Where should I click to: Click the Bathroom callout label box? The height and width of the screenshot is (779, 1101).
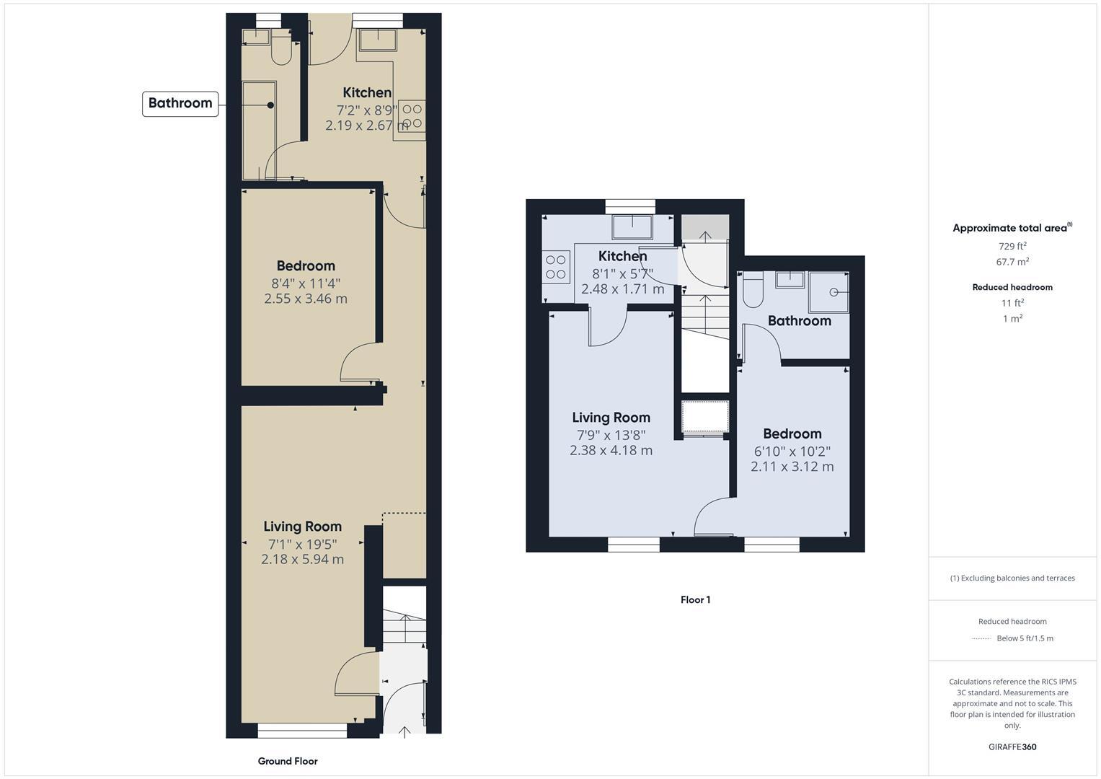pyautogui.click(x=180, y=103)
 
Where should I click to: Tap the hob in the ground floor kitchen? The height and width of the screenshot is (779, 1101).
pyautogui.click(x=412, y=117)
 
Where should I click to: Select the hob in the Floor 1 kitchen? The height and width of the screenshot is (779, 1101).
pyautogui.click(x=556, y=266)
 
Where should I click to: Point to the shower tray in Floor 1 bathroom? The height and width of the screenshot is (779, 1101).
pyautogui.click(x=828, y=292)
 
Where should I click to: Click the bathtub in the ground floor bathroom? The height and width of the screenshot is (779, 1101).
pyautogui.click(x=259, y=130)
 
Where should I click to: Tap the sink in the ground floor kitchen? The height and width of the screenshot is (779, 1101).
pyautogui.click(x=378, y=40)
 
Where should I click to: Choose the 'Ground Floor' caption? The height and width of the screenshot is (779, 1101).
pyautogui.click(x=288, y=761)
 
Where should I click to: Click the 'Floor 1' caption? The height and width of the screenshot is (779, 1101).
pyautogui.click(x=695, y=599)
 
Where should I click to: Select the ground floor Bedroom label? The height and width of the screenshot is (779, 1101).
pyautogui.click(x=306, y=266)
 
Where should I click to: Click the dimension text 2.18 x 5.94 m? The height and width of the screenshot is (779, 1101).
pyautogui.click(x=303, y=559)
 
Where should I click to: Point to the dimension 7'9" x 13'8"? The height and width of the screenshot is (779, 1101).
pyautogui.click(x=611, y=435)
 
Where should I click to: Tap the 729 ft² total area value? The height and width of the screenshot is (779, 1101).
pyautogui.click(x=1012, y=246)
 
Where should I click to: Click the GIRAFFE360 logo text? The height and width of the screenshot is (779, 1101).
pyautogui.click(x=1012, y=747)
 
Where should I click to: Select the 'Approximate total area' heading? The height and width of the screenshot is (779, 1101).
pyautogui.click(x=1011, y=228)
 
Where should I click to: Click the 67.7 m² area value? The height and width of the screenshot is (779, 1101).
pyautogui.click(x=1012, y=262)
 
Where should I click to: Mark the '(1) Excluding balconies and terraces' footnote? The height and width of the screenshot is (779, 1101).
pyautogui.click(x=1012, y=578)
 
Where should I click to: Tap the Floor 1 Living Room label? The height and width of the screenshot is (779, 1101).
pyautogui.click(x=611, y=418)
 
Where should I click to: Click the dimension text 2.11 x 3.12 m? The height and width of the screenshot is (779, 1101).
pyautogui.click(x=792, y=467)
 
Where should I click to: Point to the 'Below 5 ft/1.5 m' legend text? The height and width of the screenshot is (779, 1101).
pyautogui.click(x=1025, y=638)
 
